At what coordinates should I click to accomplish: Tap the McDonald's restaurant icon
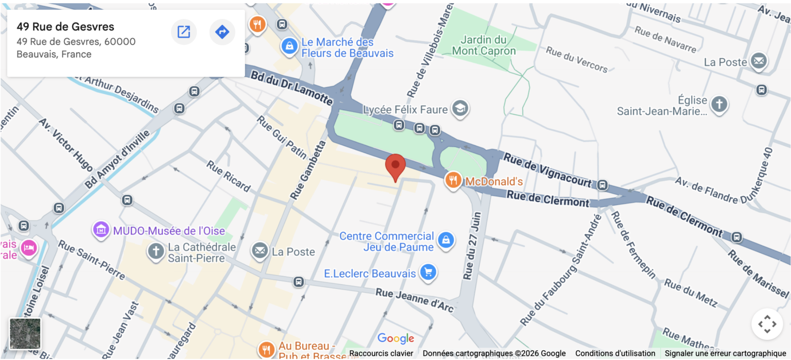tap(453, 180)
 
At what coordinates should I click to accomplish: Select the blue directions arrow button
tap(222, 32)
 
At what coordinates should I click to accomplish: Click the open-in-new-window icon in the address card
tap(184, 32)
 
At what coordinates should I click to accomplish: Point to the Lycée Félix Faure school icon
tap(459, 108)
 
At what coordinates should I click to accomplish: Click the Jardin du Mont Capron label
tap(483, 45)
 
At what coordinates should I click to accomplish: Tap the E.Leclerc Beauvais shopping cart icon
tap(427, 273)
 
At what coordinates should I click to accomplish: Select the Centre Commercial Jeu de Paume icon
tap(445, 240)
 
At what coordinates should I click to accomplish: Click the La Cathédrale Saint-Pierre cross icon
tap(155, 251)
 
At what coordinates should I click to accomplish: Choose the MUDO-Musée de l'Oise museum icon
tap(101, 230)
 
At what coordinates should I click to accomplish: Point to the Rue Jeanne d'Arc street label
tap(415, 299)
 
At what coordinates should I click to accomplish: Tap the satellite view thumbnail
tap(25, 333)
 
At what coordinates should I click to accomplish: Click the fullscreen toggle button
tap(767, 324)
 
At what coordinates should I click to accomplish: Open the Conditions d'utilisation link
tap(615, 353)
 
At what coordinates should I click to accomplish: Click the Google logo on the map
tap(395, 338)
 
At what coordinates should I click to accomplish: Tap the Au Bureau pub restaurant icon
tap(266, 350)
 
